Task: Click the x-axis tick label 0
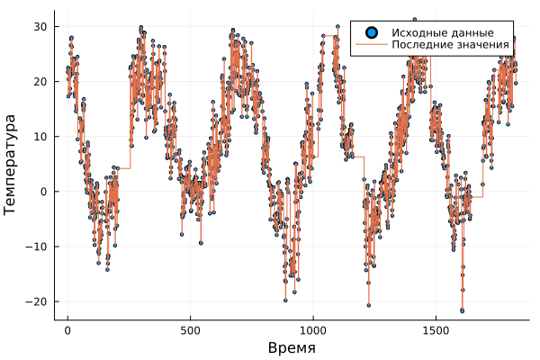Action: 67,330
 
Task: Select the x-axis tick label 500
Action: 190,330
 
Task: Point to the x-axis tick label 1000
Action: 313,330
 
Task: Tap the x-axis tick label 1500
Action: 436,330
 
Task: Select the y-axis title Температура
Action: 12,164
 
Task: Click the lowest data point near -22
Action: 462,310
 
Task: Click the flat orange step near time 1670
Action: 477,196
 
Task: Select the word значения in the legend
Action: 483,44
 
